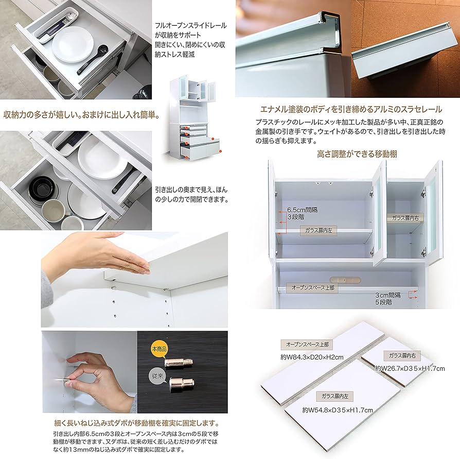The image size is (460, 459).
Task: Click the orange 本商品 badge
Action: pyautogui.click(x=158, y=349)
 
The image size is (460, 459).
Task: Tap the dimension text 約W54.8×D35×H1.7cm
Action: pyautogui.click(x=338, y=410)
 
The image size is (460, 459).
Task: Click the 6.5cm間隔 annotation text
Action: pyautogui.click(x=300, y=211)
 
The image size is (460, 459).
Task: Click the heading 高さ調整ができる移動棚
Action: pyautogui.click(x=357, y=154)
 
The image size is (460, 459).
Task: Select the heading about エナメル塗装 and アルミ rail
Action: pyautogui.click(x=351, y=109)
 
